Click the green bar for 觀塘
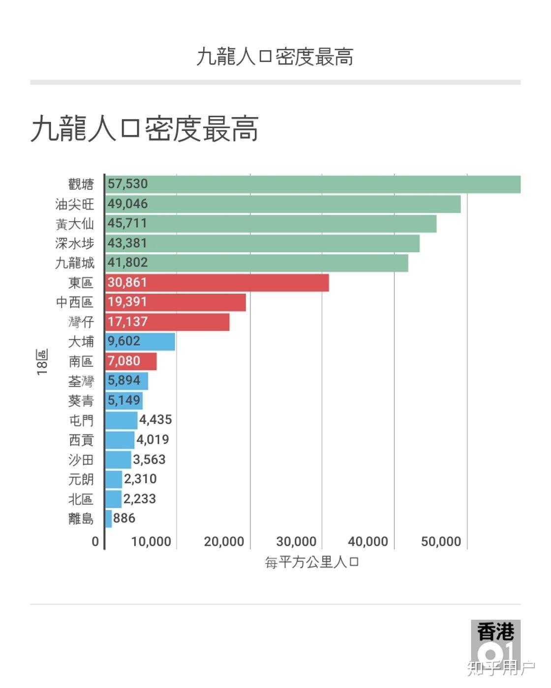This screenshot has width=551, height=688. click(x=313, y=184)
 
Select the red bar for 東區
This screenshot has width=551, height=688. click(x=217, y=283)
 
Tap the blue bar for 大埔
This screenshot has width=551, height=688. click(x=140, y=342)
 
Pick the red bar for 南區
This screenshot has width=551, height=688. click(x=131, y=361)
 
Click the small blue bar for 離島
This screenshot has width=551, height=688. click(x=108, y=519)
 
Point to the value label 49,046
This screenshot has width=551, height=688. click(x=127, y=204)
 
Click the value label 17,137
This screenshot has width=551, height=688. click(x=127, y=322)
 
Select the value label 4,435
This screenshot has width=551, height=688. click(x=155, y=420)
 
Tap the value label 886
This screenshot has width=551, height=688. click(x=124, y=518)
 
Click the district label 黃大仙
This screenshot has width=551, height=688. click(x=74, y=224)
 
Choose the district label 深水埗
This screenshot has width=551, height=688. click(x=74, y=244)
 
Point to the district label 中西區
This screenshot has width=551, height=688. click(x=74, y=302)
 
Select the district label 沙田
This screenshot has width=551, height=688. click(x=81, y=460)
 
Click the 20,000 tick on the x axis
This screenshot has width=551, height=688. click(x=224, y=542)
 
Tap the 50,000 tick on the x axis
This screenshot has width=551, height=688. click(x=441, y=542)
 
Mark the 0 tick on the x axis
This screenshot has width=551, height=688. click(x=95, y=542)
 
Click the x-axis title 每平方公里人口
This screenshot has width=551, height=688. click(x=312, y=562)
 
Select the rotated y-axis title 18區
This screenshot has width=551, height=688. click(x=42, y=362)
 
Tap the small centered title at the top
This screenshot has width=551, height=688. click(x=275, y=57)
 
